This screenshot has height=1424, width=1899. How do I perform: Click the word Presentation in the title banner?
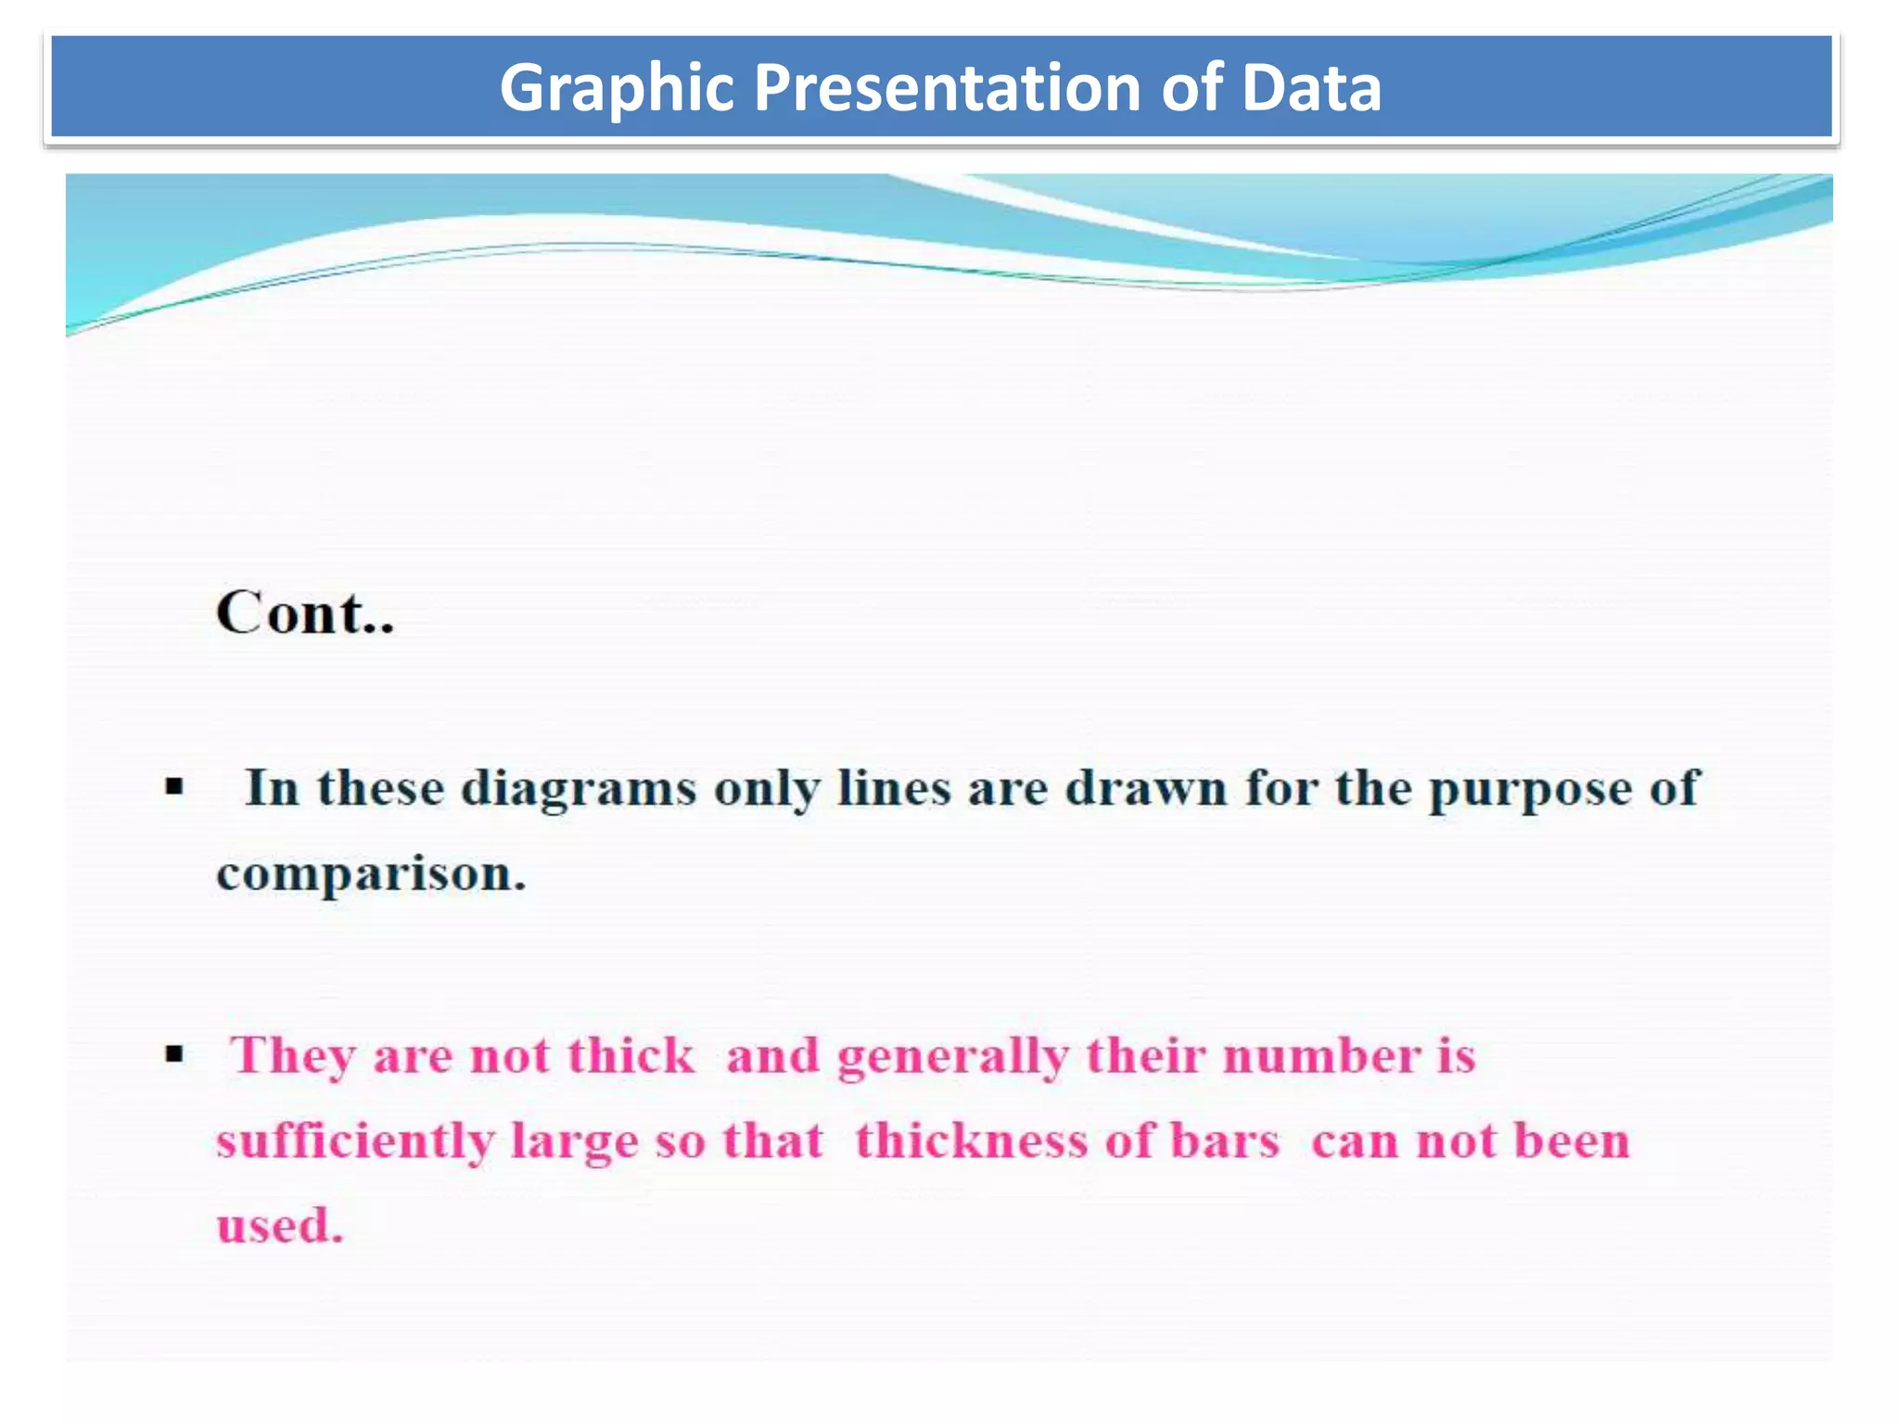[x=947, y=88]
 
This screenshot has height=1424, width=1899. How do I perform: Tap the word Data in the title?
[x=1310, y=88]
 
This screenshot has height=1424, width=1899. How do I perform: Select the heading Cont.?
[x=305, y=613]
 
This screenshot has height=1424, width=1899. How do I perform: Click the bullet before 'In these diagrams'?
[x=174, y=789]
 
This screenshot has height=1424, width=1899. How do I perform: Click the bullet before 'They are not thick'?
[x=174, y=1054]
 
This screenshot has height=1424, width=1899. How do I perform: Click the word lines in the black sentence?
[x=893, y=789]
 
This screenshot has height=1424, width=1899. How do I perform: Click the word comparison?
[x=371, y=874]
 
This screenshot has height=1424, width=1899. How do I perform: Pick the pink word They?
[x=293, y=1056]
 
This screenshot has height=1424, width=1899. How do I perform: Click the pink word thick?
[x=631, y=1055]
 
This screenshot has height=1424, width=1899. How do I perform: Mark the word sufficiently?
[x=354, y=1141]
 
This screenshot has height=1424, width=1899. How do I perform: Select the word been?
[x=1571, y=1140]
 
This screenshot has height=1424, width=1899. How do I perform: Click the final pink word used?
[x=280, y=1226]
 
